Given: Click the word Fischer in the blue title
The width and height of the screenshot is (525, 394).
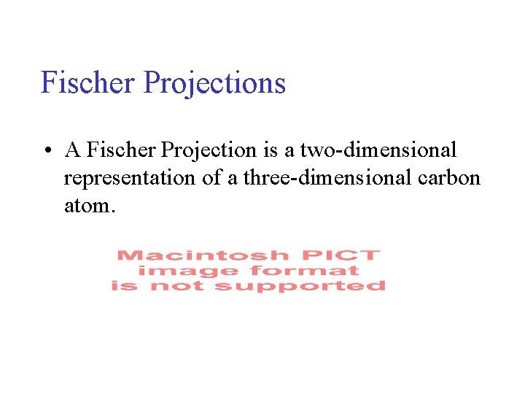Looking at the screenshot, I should click(88, 82).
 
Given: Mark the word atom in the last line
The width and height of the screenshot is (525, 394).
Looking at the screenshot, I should click(87, 206).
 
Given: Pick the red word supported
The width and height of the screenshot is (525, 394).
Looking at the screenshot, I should click(299, 286).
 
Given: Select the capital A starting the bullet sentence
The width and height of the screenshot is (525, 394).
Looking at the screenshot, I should click(72, 150).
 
